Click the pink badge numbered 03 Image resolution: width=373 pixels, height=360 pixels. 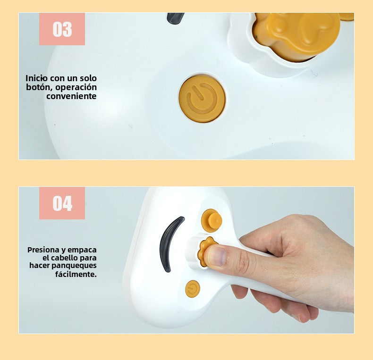tap(62, 29)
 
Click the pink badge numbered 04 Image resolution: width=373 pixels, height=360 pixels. tap(62, 203)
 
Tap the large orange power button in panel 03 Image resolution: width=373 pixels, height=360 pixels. tap(202, 99)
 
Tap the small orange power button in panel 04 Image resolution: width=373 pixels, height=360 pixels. tap(193, 289)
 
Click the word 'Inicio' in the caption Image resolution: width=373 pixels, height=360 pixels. tap(37, 78)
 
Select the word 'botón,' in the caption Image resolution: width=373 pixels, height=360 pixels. tap(40, 87)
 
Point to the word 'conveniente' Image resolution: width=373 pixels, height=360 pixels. tap(72, 96)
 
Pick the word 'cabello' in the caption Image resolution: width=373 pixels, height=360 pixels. tap(65, 258)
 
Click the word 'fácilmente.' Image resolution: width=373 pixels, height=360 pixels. tap(76, 274)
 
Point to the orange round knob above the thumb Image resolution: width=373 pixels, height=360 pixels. tap(212, 221)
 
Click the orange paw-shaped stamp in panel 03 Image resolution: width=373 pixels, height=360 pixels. tap(296, 36)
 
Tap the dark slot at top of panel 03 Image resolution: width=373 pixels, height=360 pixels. tap(176, 18)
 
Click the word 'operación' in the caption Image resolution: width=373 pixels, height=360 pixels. tap(76, 87)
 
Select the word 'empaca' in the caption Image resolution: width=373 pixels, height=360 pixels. tap(82, 250)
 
